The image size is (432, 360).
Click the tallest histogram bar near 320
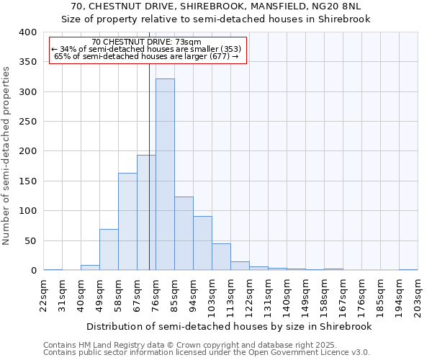[x=165, y=174]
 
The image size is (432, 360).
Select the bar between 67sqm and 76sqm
[x=146, y=212]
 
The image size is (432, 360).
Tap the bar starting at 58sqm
[x=127, y=222]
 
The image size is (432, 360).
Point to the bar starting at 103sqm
[x=221, y=257]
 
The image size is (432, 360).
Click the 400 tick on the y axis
[x=27, y=32]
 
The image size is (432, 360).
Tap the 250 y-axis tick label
[x=27, y=122]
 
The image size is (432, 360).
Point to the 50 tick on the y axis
[x=30, y=240]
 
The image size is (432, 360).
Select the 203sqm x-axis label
[x=418, y=296]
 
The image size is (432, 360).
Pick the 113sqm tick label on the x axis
[x=231, y=296]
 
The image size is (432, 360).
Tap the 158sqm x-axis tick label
[x=325, y=296]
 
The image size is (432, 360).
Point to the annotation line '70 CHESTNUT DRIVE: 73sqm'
[x=147, y=42]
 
